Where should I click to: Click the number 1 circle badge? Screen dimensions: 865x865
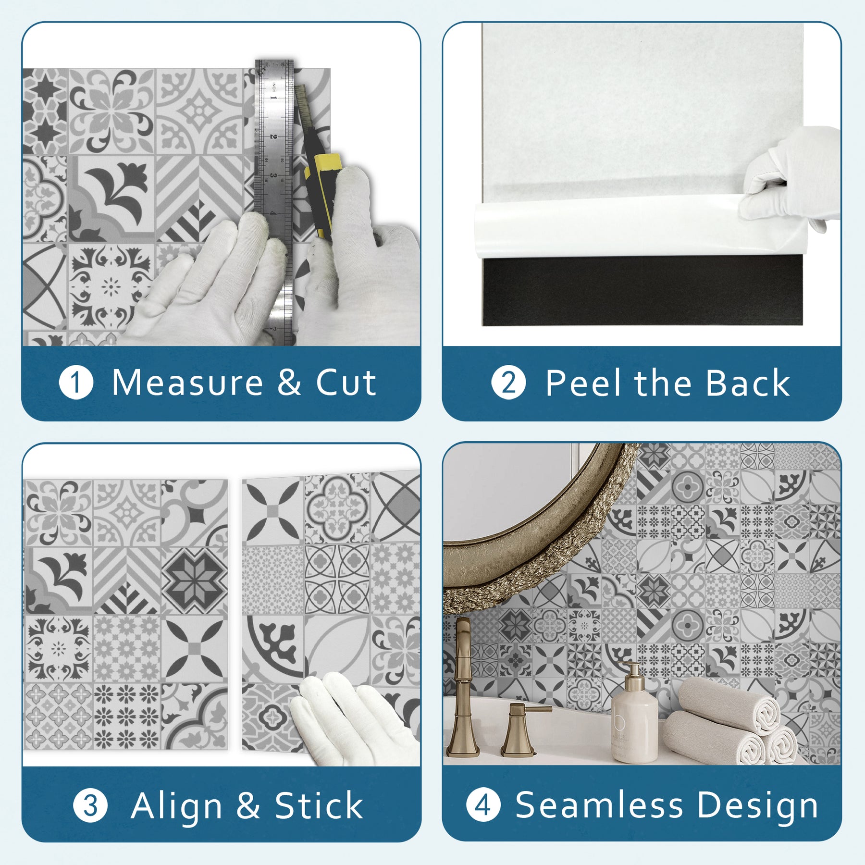(76, 383)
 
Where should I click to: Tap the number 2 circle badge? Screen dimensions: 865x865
(508, 383)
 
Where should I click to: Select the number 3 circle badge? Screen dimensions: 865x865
(90, 805)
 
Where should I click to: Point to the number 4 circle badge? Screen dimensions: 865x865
(483, 805)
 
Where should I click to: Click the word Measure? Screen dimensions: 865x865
(187, 383)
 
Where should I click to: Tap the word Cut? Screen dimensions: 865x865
(346, 383)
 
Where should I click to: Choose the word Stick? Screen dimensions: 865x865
(319, 805)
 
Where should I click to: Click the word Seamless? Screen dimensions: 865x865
(599, 805)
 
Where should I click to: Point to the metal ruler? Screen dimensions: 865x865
(274, 202)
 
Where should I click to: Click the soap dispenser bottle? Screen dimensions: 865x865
(634, 714)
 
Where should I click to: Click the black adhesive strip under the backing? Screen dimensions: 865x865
(643, 291)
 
